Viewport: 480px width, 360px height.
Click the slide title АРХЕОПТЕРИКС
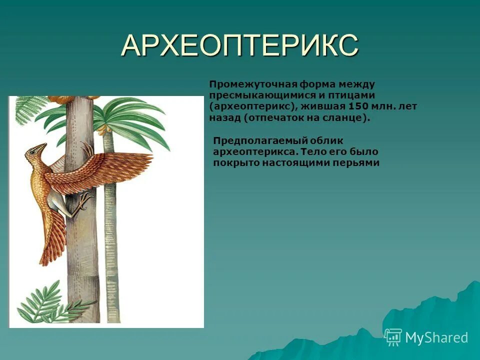pos(239,46)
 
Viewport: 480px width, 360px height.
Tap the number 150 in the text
pos(357,106)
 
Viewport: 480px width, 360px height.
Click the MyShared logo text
pos(436,337)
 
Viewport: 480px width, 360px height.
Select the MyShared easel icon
pos(393,337)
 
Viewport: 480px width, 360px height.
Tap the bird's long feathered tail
pos(52,235)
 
